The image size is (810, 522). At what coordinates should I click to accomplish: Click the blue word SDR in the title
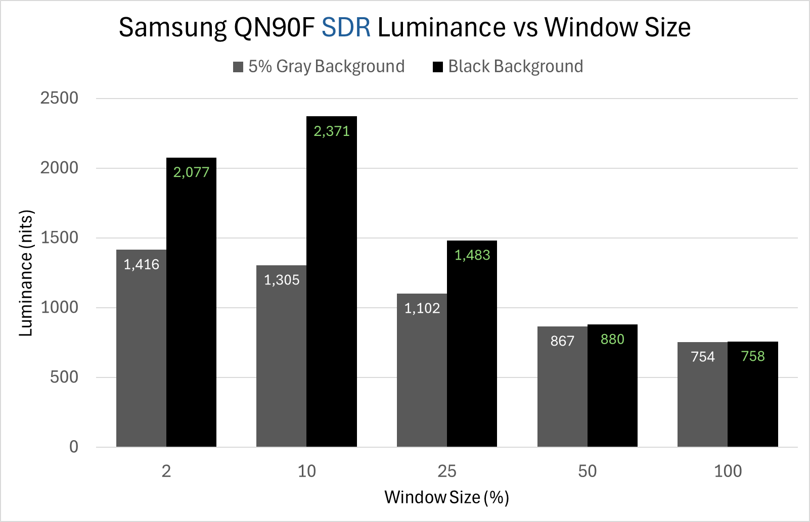(x=346, y=27)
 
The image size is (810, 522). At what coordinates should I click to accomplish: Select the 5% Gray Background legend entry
(x=319, y=67)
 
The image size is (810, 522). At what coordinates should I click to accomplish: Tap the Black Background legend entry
(x=508, y=67)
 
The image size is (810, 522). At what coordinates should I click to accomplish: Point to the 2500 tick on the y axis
(x=60, y=98)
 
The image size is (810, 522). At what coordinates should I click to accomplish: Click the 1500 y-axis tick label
(x=60, y=238)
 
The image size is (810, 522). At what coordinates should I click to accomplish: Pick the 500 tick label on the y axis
(x=64, y=377)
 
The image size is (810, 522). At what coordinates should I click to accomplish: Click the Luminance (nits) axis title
(x=26, y=273)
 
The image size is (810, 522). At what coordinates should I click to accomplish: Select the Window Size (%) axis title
(x=446, y=497)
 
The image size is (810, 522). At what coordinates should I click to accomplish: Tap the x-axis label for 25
(x=447, y=471)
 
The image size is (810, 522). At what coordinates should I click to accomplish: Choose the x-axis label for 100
(x=728, y=471)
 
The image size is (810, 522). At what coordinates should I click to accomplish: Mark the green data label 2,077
(x=191, y=172)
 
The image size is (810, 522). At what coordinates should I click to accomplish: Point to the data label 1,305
(x=282, y=280)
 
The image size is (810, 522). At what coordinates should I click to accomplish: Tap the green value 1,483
(x=472, y=255)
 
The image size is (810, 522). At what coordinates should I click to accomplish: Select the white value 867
(x=562, y=341)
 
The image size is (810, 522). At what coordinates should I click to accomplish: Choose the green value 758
(x=753, y=356)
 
